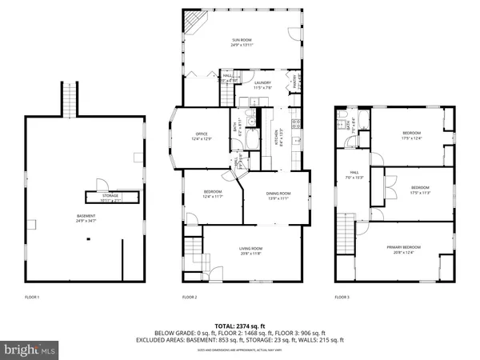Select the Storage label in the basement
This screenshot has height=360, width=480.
pos(109,196)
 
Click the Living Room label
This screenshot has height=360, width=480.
pos(251,251)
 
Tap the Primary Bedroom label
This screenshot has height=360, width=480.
pos(403,250)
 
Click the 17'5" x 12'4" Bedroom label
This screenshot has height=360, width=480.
pos(412,135)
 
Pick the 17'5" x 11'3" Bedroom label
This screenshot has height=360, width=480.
pos(420,191)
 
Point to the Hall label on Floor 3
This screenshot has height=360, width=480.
pos(353,175)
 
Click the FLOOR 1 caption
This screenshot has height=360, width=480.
pos(32,297)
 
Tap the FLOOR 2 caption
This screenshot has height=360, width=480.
pos(190,297)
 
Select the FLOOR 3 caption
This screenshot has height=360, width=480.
pos(342,297)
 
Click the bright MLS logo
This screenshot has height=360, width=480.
pos(30,349)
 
